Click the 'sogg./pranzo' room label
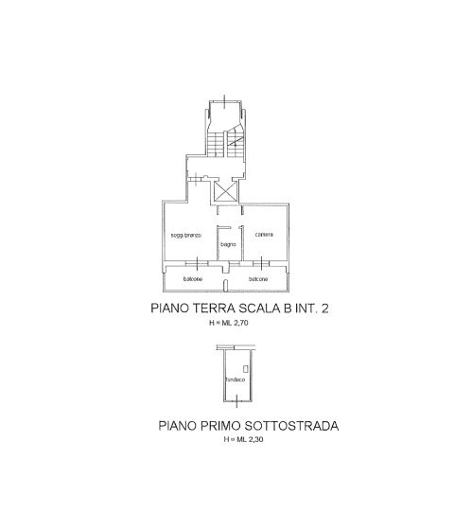(x=185, y=236)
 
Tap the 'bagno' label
(x=228, y=244)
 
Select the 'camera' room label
(x=264, y=235)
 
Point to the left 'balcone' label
(x=193, y=279)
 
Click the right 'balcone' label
(x=258, y=279)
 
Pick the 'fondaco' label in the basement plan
(x=236, y=380)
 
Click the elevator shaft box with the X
(x=224, y=192)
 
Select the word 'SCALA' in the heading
(x=259, y=309)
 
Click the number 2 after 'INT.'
(x=325, y=309)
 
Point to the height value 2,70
(x=241, y=323)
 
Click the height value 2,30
(x=255, y=439)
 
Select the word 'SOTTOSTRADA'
(x=291, y=426)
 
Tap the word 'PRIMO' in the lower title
(x=220, y=426)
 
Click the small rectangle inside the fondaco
(x=246, y=369)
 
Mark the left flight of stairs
(x=216, y=144)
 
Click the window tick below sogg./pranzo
(x=197, y=263)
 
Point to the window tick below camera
(x=262, y=263)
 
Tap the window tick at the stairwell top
(x=225, y=101)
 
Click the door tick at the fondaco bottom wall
(x=236, y=401)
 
